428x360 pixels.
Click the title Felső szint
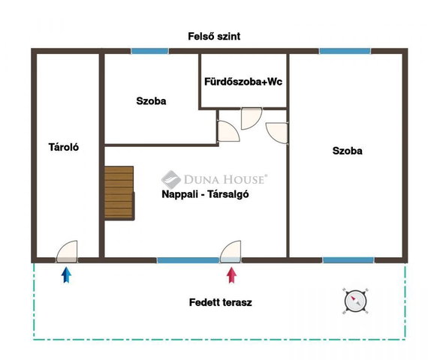tap(214, 36)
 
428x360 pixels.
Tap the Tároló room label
tap(64, 147)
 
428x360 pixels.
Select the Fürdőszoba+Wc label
tap(243, 82)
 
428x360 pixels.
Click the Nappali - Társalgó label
tap(205, 194)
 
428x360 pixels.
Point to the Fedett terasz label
tap(220, 302)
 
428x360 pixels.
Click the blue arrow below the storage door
tap(66, 275)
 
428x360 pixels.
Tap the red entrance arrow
tap(232, 275)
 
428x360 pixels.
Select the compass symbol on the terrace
tap(355, 301)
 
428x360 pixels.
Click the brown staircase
tap(119, 193)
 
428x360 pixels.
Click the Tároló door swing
tap(67, 251)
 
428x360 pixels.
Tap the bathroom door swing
tap(252, 118)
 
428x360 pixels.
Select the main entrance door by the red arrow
tap(231, 251)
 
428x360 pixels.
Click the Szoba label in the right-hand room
tap(347, 151)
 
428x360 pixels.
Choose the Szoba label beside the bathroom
tap(151, 101)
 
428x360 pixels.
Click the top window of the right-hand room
tap(345, 51)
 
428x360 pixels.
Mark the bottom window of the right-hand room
tap(348, 260)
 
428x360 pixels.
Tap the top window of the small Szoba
tap(149, 51)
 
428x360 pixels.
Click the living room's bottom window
tap(188, 260)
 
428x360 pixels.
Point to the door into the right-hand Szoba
tap(277, 133)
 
